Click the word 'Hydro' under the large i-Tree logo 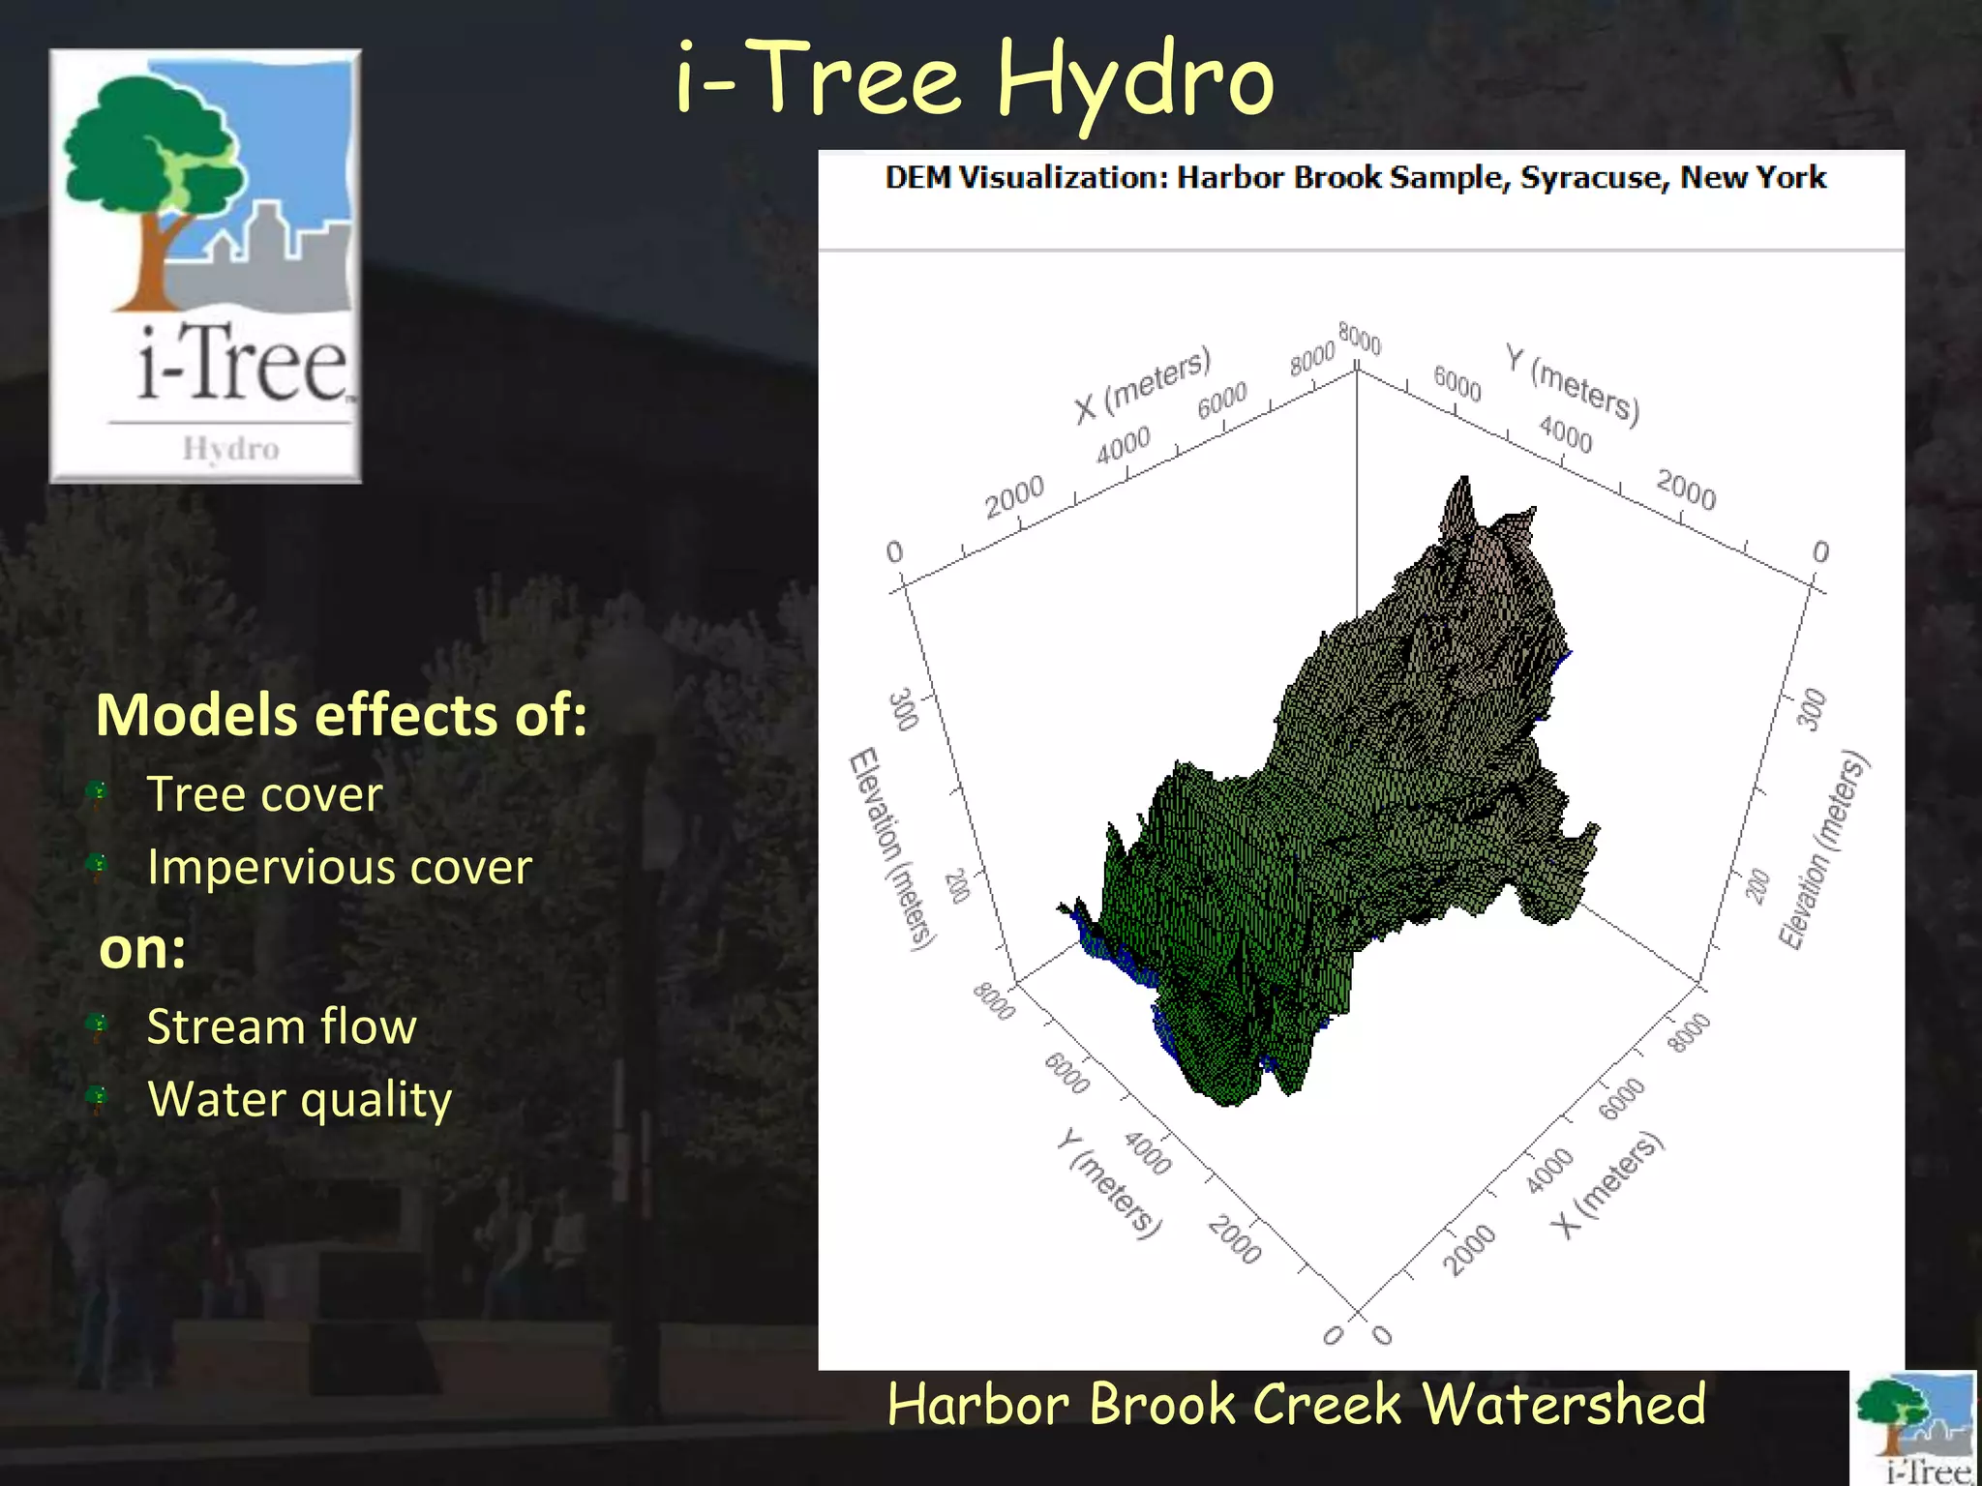[x=230, y=449]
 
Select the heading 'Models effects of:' [x=341, y=715]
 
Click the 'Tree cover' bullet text [x=264, y=794]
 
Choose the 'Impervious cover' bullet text [x=339, y=867]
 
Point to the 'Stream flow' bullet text [x=281, y=1026]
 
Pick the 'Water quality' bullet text [x=299, y=1100]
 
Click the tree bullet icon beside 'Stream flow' [x=98, y=1025]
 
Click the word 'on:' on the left [x=142, y=948]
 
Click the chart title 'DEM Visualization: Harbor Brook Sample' [x=1355, y=178]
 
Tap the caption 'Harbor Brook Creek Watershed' [x=1296, y=1405]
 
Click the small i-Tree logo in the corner [x=1914, y=1429]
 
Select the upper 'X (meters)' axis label [x=1142, y=384]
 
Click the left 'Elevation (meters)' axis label [x=891, y=848]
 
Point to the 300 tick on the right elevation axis [x=1812, y=709]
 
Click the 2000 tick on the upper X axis [x=1014, y=495]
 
